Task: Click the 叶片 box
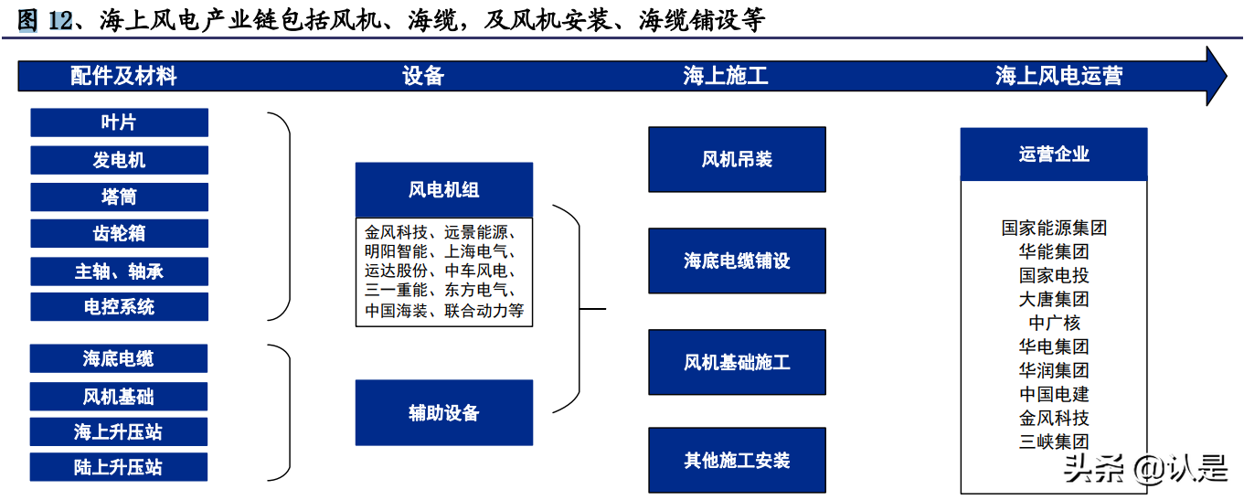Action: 120,122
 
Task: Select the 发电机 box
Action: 120,160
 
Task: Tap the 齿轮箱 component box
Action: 120,233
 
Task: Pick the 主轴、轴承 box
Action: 120,271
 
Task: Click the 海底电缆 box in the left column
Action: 119,358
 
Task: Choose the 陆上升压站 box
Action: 119,467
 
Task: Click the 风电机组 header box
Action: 444,189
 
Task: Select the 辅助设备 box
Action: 444,413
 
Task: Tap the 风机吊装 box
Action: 737,159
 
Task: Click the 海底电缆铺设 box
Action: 737,261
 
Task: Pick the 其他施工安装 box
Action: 737,460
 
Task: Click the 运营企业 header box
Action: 1054,154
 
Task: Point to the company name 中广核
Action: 1054,323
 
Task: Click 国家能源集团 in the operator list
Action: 1054,228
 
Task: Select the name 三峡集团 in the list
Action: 1054,441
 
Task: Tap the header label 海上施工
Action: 726,76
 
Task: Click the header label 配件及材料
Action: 123,76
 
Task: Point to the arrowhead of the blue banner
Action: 1227,76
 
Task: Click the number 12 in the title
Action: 60,20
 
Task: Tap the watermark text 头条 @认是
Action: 1145,468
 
